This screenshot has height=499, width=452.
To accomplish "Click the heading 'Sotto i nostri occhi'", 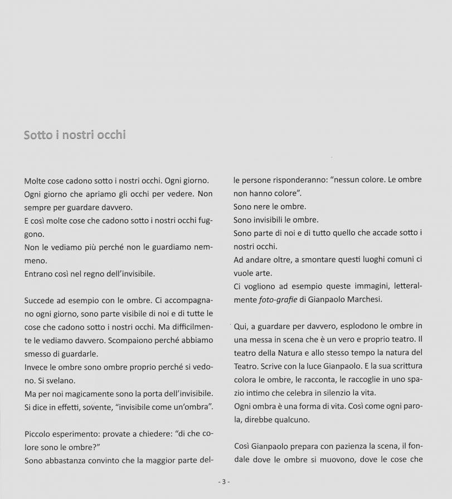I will [x=75, y=135].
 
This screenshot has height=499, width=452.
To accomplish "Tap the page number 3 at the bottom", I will [x=223, y=482].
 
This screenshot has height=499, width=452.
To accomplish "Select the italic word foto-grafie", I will [x=276, y=300].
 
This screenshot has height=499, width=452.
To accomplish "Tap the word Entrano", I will [x=41, y=273].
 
